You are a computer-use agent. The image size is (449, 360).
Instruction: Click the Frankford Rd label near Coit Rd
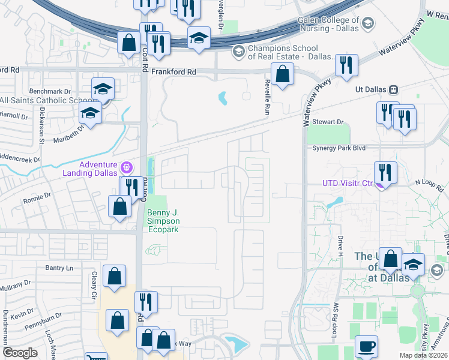(173, 71)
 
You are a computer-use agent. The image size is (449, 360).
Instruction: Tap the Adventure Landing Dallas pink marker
(127, 166)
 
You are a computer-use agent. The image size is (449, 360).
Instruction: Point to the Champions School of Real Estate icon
(238, 52)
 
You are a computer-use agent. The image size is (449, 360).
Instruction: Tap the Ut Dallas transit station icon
(394, 89)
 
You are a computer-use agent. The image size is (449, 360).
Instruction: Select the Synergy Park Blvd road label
(338, 148)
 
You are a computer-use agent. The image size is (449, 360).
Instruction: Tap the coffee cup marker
(366, 346)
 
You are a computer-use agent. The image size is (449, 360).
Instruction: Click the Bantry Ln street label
(58, 267)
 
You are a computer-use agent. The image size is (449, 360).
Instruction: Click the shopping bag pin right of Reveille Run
(282, 75)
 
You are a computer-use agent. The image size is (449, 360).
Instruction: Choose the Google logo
(20, 353)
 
